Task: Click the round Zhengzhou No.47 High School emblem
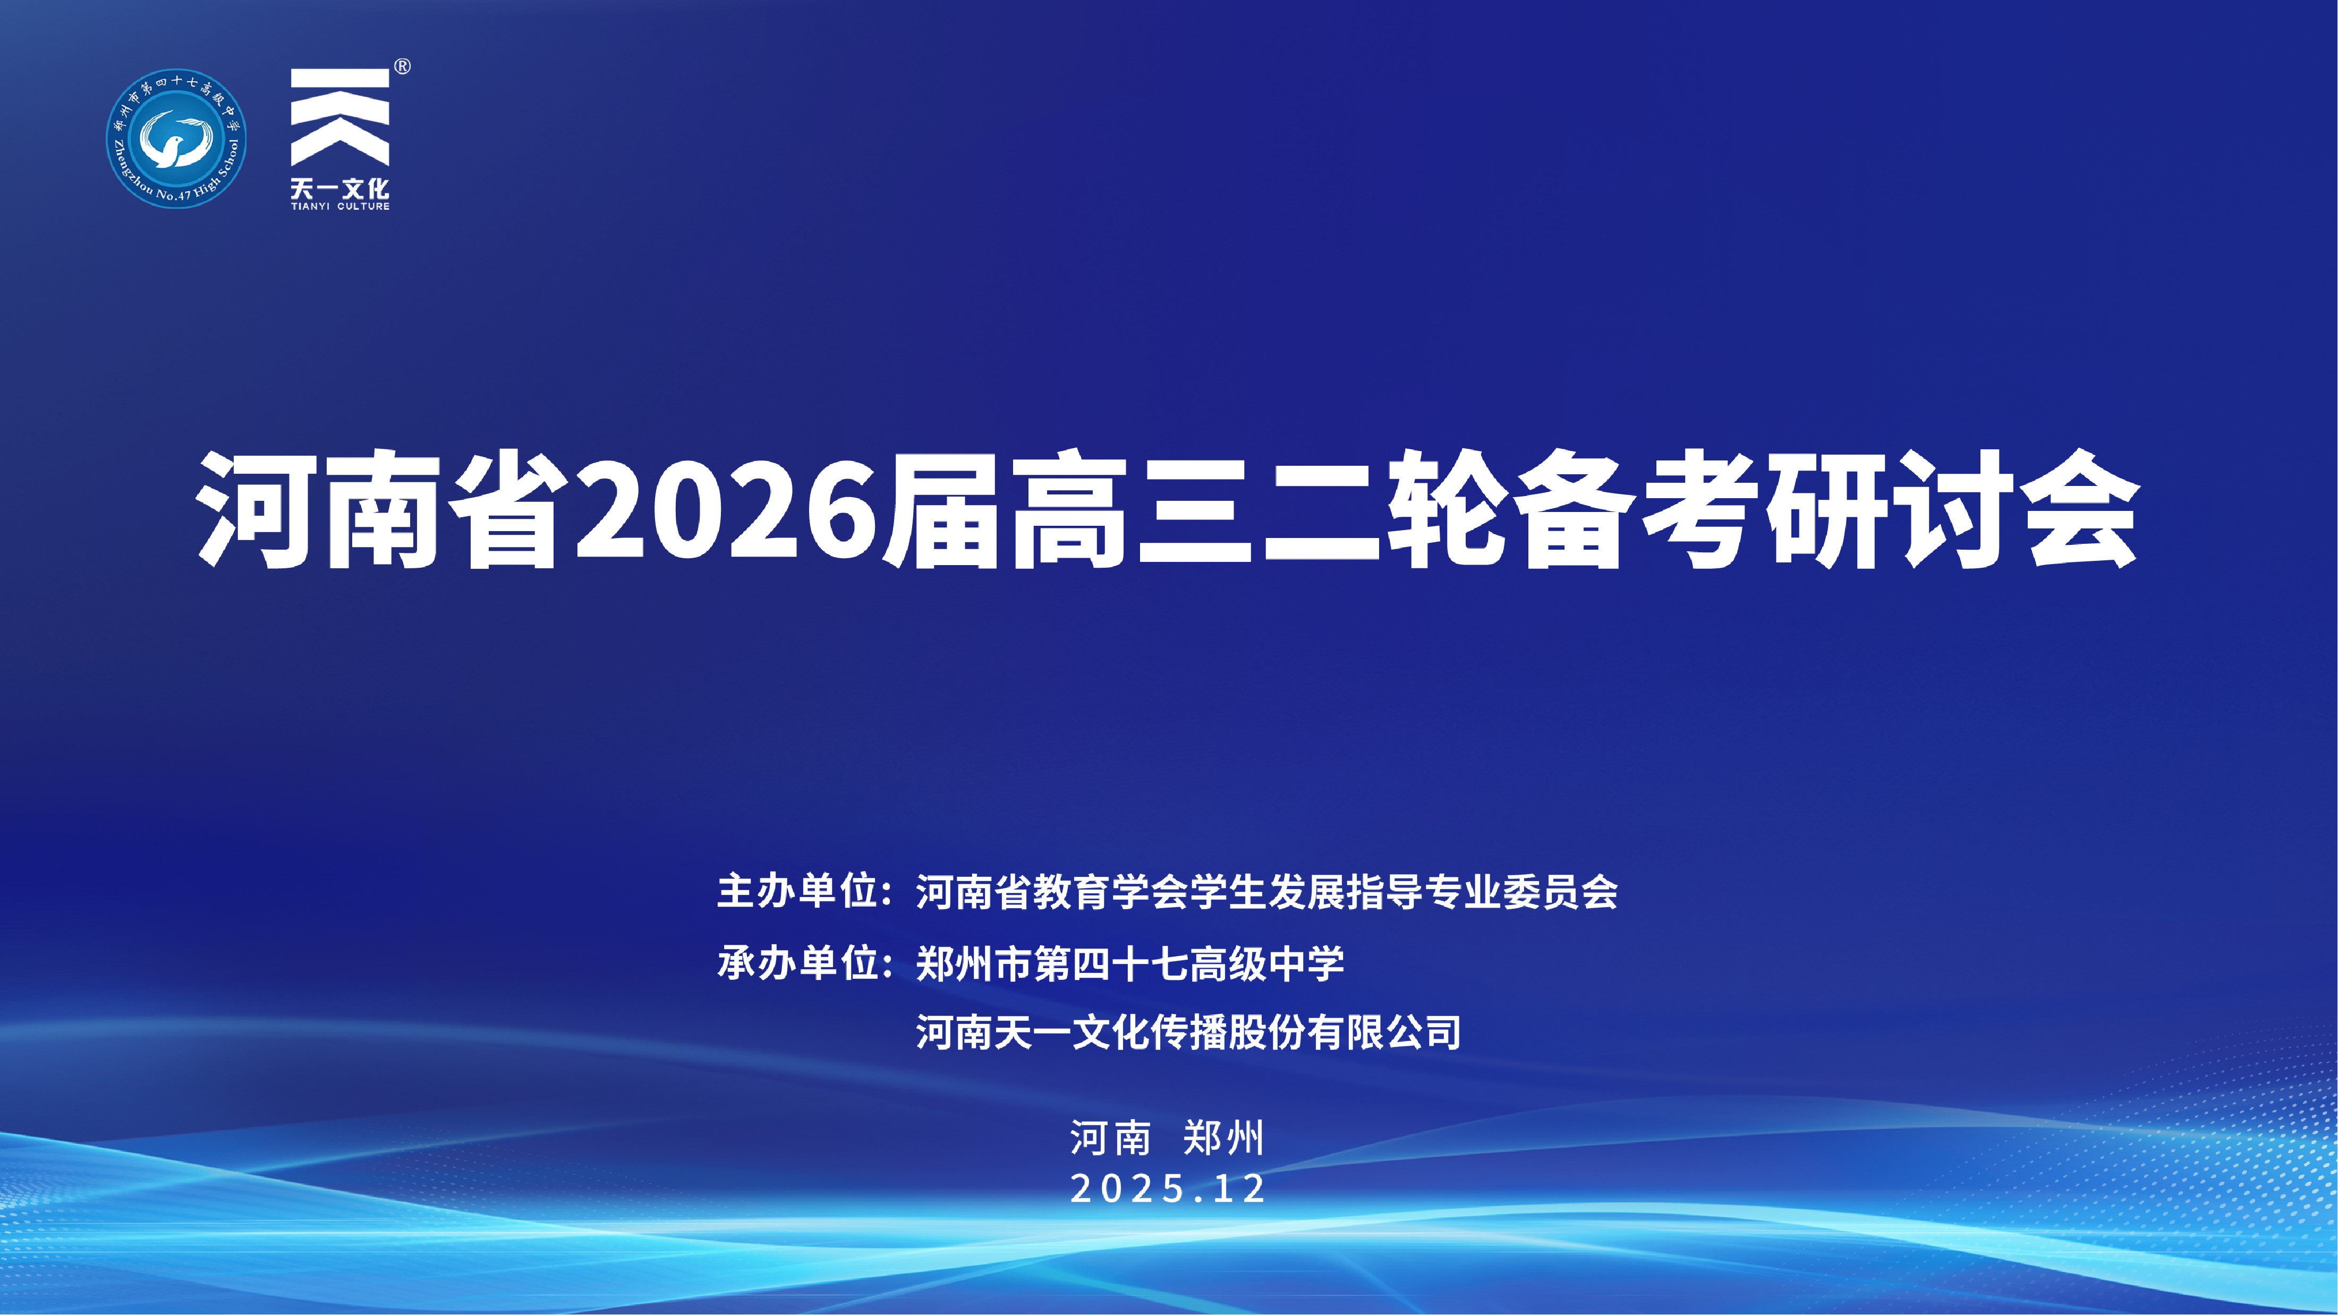(x=176, y=138)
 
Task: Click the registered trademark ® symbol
(x=402, y=66)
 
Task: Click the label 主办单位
(x=797, y=891)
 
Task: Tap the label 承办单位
(x=797, y=962)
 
